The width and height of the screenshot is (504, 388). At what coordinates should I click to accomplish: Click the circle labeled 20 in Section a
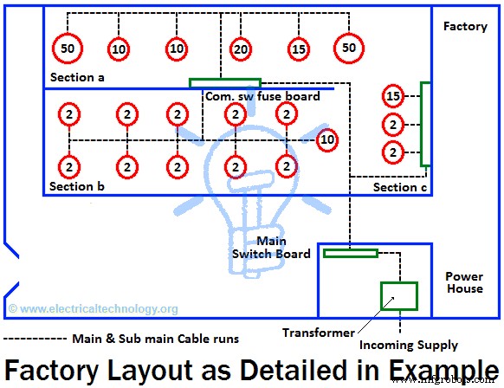coord(241,49)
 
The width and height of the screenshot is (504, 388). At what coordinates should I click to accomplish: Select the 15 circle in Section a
coord(299,49)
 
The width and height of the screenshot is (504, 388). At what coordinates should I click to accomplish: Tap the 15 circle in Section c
coord(394,95)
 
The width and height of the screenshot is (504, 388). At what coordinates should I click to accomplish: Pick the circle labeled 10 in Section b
coord(327,139)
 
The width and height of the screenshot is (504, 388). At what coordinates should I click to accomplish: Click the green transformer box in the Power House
coord(399,296)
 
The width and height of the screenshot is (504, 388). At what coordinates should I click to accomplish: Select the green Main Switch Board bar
coord(351,253)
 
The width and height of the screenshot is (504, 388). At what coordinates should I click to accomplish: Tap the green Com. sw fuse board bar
coord(224,83)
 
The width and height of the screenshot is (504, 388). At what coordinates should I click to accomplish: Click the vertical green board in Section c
coord(425,124)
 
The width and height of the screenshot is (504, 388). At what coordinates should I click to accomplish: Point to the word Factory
coord(465,27)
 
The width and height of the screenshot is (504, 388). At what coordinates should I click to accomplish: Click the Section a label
coord(77,78)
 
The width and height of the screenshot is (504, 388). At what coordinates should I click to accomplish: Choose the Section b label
coord(77,186)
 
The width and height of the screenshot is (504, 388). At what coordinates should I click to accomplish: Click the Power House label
coord(464,282)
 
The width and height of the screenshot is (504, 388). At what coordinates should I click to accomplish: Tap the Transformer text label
coord(318,333)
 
